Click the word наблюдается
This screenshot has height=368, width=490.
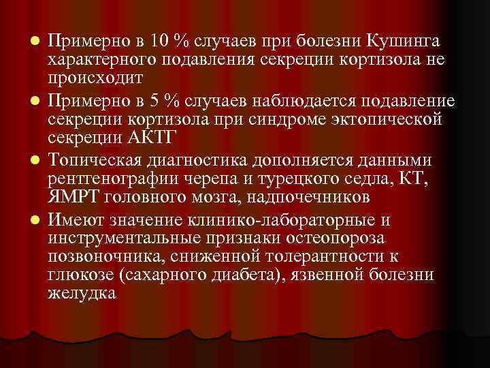tap(309, 102)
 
